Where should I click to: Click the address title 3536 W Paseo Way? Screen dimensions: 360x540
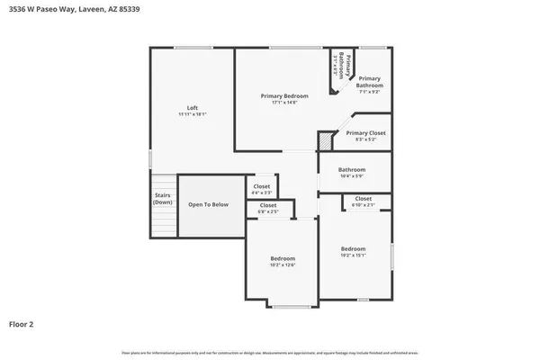tap(76, 10)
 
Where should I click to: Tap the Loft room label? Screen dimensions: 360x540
tap(193, 108)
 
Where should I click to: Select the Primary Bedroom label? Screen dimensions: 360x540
tap(284, 96)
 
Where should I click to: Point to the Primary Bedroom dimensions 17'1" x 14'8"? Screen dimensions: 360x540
tap(284, 103)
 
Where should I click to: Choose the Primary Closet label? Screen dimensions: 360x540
tap(365, 133)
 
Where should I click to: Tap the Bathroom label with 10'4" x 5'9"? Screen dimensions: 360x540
tap(352, 169)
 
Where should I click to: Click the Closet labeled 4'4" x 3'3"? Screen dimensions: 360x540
tap(261, 186)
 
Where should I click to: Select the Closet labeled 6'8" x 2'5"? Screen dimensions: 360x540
tap(268, 205)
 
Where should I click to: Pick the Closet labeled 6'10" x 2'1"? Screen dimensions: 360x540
tap(364, 199)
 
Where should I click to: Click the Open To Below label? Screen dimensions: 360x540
tap(208, 205)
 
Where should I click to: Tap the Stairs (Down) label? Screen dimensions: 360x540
tap(162, 198)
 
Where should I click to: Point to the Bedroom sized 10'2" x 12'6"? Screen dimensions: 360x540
tap(283, 259)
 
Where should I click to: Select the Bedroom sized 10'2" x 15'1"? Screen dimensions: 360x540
tap(353, 249)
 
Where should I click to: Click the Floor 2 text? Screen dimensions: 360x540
tap(22, 323)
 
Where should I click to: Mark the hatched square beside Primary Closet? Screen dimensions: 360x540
tap(325, 141)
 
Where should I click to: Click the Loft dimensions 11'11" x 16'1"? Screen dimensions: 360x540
tap(193, 115)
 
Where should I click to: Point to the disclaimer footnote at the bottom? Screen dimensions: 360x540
tap(269, 352)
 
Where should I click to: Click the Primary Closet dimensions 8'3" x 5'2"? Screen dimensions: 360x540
tap(365, 140)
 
